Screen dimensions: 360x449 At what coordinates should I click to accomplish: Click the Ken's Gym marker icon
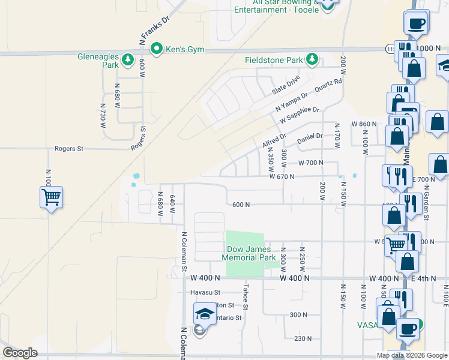pos(157,47)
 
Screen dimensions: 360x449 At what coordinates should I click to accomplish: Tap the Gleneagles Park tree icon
pos(127,59)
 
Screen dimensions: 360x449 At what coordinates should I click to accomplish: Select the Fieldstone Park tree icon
pos(312,59)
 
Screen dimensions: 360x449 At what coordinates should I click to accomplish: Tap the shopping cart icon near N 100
pos(51,196)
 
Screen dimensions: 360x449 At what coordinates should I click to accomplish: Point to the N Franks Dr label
pos(155,31)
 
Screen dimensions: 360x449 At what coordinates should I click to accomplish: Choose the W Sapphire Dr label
pos(300,115)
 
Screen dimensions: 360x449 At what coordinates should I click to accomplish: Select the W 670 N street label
pos(282,176)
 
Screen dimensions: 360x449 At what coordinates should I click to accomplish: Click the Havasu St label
pos(206,292)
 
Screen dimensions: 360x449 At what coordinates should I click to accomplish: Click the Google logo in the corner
pos(20,353)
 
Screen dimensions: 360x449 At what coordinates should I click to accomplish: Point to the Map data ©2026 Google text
pos(411,355)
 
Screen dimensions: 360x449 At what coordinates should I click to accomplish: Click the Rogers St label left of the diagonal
pos(68,148)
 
